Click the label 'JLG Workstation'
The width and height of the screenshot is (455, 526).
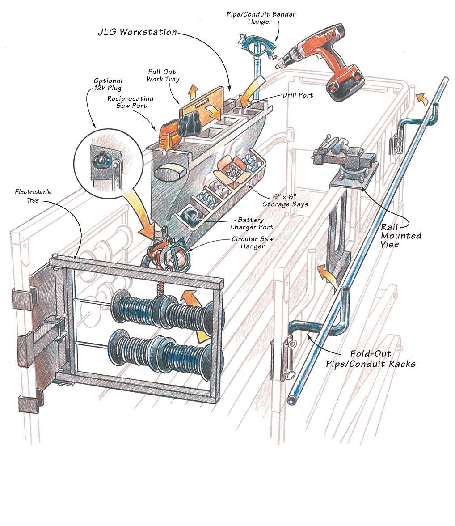tap(137, 33)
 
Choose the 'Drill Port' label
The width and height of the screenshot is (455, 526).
tap(298, 95)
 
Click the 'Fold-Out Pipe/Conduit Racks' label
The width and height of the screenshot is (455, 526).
tap(370, 359)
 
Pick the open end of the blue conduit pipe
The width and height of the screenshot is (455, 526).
tap(293, 397)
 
